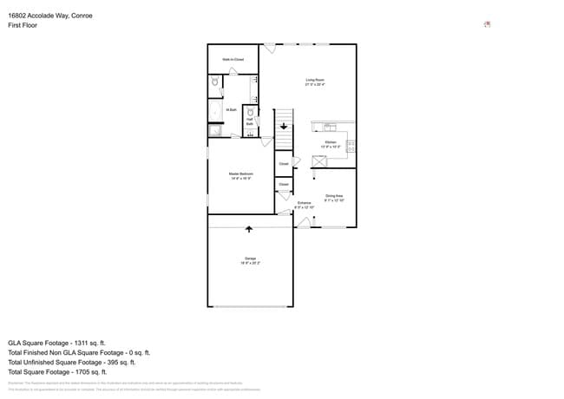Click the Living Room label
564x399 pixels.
point(314,81)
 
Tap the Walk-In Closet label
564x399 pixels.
point(233,60)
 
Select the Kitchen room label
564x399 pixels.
point(331,143)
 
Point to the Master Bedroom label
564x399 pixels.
point(240,176)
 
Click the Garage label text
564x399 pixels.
point(249,260)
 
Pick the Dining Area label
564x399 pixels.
point(335,198)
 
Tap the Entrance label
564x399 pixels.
point(304,205)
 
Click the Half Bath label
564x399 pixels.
point(250,122)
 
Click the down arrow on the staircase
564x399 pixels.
point(284,127)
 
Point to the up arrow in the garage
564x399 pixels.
point(250,229)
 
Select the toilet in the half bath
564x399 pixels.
point(250,113)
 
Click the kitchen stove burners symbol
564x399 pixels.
point(351,146)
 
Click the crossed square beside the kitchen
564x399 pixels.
point(318,161)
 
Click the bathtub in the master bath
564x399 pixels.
point(214,112)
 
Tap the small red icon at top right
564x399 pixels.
point(487,24)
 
